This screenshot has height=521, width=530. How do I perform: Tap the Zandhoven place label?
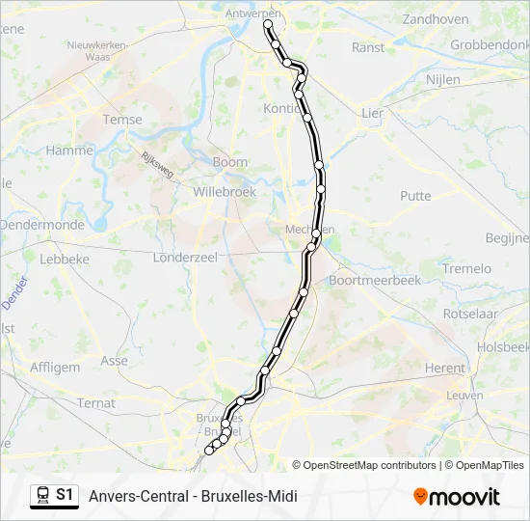[x=436, y=18]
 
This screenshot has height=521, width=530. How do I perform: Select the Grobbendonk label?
[x=490, y=44]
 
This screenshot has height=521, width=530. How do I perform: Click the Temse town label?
[x=122, y=120]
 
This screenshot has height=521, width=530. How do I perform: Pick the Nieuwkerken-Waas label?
[x=97, y=51]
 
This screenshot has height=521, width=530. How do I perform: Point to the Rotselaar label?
[x=469, y=314]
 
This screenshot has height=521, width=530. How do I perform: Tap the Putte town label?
[x=415, y=196]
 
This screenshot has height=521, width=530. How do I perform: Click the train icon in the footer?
[x=42, y=495]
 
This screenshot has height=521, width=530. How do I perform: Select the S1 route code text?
[x=65, y=495]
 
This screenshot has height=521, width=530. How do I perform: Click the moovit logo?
[x=457, y=497]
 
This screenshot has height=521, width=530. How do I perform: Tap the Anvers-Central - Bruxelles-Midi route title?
[x=193, y=497]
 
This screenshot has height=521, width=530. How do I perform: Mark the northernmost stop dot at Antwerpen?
[x=268, y=26]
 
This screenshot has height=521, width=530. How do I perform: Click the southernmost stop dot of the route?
[x=209, y=450]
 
